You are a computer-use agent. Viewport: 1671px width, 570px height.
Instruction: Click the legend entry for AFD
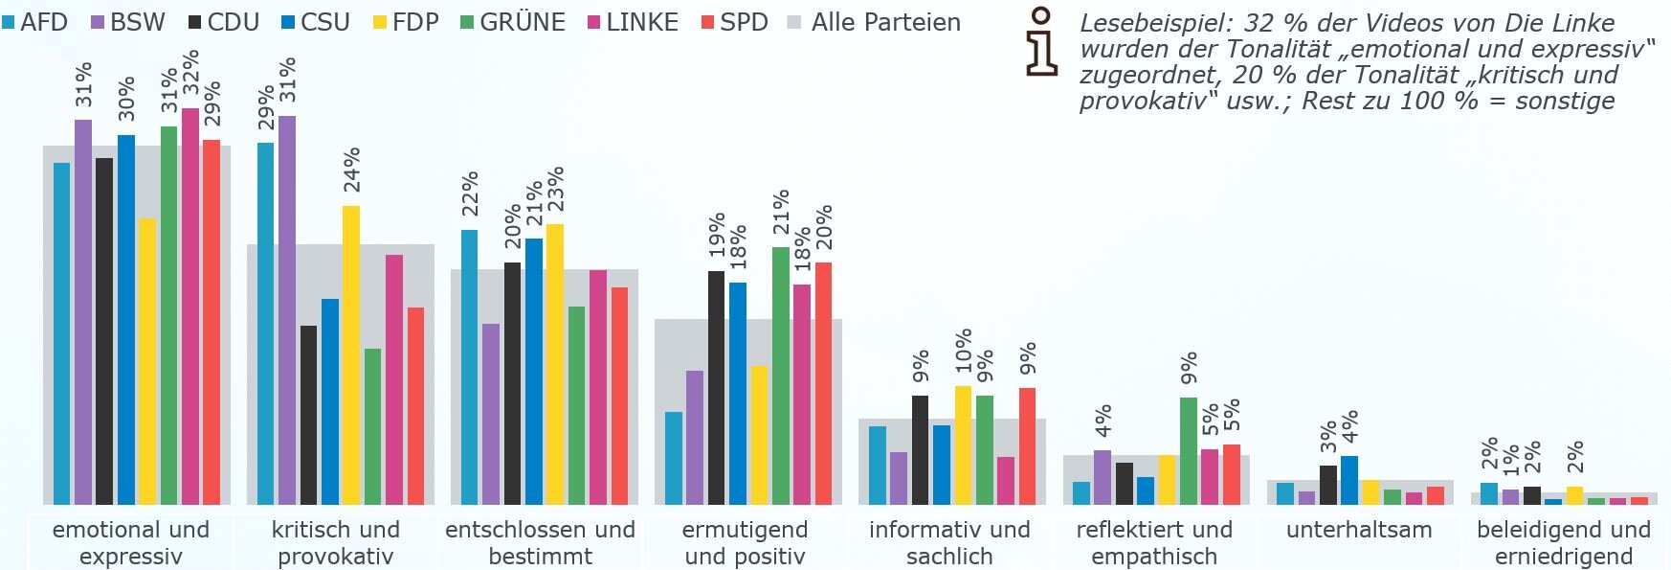pos(35,22)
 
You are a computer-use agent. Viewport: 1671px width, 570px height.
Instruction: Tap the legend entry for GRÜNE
pos(512,22)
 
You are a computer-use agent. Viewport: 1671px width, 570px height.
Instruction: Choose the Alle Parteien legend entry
pos(875,22)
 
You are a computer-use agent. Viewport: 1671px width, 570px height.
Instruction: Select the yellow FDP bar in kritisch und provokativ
pos(351,354)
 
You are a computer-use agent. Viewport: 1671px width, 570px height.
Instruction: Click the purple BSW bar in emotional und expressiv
pos(83,311)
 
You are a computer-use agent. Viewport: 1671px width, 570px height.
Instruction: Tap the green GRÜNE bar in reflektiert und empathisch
pos(1189,450)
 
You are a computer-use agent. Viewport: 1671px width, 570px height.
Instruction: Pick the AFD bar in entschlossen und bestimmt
pos(469,367)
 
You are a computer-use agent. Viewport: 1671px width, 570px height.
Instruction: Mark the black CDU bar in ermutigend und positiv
pos(716,387)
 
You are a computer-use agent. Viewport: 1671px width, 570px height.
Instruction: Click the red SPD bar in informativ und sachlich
pos(1027,445)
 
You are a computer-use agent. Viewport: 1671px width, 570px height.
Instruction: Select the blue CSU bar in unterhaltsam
pos(1349,480)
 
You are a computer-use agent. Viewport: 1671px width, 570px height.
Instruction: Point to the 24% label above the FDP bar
pos(351,170)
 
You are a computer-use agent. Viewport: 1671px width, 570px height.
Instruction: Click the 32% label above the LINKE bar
pos(191,74)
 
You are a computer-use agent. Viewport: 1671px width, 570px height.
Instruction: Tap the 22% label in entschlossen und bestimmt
pos(469,194)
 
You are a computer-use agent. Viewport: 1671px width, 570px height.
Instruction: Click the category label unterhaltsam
pos(1359,530)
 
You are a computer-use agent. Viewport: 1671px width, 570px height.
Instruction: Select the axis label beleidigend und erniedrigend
pos(1564,542)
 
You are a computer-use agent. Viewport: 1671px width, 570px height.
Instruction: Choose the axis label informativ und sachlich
pos(949,542)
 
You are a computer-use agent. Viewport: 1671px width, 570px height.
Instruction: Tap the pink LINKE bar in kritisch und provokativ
pos(394,379)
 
